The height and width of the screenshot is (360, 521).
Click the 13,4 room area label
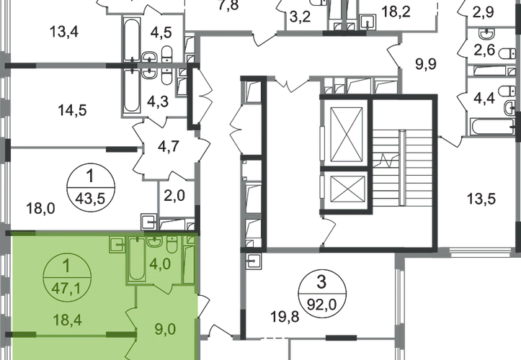(x=64, y=32)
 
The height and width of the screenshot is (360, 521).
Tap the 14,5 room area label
(x=73, y=110)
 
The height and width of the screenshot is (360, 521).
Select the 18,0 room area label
(x=40, y=209)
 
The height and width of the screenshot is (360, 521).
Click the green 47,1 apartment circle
(x=67, y=277)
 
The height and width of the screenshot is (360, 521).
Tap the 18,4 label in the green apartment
(x=68, y=320)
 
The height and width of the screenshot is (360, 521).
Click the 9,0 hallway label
(x=165, y=330)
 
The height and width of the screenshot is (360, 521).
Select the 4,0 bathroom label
(x=160, y=265)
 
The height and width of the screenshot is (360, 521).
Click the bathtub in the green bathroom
(x=137, y=259)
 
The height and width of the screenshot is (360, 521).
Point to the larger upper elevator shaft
(x=347, y=134)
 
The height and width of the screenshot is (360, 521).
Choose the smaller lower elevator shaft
(x=347, y=189)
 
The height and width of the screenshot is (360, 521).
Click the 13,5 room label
(x=481, y=199)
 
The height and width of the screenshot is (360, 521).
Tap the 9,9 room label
(x=426, y=64)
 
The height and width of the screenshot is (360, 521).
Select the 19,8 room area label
(x=285, y=317)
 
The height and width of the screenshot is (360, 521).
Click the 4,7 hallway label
(x=169, y=145)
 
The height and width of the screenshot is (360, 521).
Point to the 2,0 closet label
(x=174, y=196)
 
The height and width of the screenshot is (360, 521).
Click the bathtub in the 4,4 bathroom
(x=491, y=127)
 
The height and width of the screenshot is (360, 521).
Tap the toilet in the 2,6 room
(x=507, y=54)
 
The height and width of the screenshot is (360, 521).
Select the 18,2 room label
(x=396, y=12)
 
